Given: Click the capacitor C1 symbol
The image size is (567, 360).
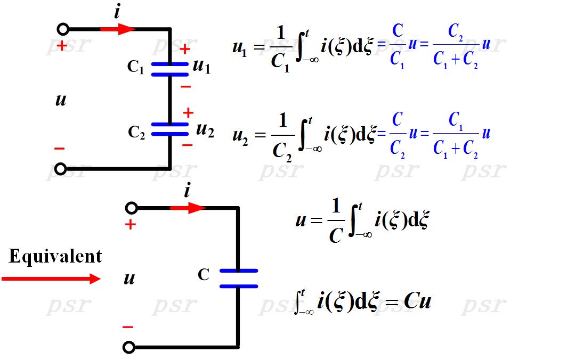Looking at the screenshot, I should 170,69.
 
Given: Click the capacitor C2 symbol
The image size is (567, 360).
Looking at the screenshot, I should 170,129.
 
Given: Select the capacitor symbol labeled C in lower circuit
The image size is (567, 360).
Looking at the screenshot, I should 238,279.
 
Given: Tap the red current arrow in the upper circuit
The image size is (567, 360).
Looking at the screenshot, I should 118,29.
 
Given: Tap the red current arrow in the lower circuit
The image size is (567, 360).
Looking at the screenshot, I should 188,208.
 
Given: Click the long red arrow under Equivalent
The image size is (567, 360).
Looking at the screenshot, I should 51,279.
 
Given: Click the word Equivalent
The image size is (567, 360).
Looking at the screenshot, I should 55,257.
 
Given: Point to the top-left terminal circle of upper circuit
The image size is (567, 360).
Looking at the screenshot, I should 63,29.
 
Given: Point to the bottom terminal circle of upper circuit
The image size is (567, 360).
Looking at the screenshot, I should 61,169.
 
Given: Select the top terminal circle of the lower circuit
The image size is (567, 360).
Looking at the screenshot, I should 131,208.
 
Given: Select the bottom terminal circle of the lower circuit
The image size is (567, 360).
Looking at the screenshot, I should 128,348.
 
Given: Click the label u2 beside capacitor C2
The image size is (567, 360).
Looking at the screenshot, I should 205,129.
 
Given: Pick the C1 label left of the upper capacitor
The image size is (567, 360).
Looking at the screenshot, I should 136,67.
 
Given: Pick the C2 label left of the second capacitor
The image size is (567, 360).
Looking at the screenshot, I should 136,132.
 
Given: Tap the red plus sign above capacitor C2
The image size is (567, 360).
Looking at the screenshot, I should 188,113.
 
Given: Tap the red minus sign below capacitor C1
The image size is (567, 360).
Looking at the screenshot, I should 185,86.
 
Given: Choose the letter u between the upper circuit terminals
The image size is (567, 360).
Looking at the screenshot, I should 61,100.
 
